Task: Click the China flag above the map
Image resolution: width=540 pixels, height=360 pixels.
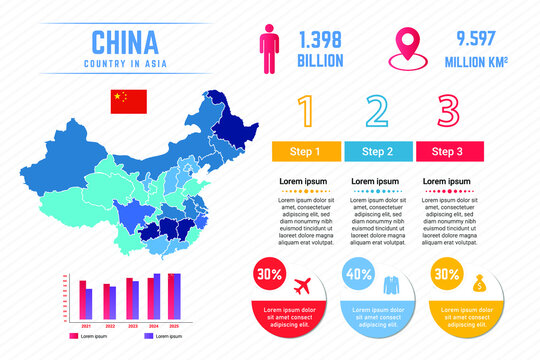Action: click(128, 100)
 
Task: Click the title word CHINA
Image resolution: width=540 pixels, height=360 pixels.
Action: click(124, 42)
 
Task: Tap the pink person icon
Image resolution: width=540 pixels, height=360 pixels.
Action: click(268, 48)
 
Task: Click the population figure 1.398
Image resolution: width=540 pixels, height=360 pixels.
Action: click(321, 40)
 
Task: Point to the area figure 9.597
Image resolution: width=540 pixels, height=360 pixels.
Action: click(478, 40)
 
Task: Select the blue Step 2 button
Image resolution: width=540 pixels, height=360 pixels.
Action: click(378, 152)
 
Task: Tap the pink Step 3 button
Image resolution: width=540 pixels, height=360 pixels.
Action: click(449, 152)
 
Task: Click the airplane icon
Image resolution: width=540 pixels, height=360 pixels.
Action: click(302, 286)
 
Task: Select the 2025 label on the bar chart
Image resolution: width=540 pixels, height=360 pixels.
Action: click(174, 326)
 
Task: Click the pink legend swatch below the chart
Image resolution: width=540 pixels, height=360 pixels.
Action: click(73, 337)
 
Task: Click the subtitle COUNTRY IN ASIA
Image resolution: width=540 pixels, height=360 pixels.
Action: click(124, 65)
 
